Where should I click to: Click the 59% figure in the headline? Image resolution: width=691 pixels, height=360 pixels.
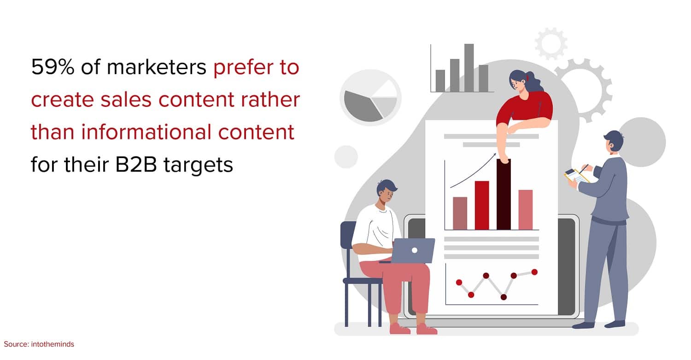click(53, 67)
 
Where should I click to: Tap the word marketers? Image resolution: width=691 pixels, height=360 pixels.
click(157, 67)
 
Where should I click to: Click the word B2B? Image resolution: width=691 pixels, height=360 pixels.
click(136, 165)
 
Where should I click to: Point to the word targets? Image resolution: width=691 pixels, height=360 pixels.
click(198, 165)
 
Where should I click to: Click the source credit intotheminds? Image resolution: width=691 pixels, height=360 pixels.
click(53, 344)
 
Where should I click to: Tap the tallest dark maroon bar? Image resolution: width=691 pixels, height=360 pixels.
click(504, 195)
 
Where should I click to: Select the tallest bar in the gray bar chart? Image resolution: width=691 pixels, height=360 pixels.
click(469, 68)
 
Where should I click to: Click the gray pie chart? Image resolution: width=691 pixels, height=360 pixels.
click(370, 98)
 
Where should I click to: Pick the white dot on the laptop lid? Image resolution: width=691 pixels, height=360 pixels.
click(415, 250)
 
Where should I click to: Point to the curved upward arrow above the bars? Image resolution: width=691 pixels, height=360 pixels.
click(473, 171)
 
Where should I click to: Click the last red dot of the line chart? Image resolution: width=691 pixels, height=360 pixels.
click(534, 272)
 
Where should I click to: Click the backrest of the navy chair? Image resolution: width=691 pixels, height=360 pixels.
click(348, 235)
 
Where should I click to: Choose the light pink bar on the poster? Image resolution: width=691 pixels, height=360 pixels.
click(525, 210)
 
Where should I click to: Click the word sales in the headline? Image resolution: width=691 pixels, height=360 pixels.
click(126, 100)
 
